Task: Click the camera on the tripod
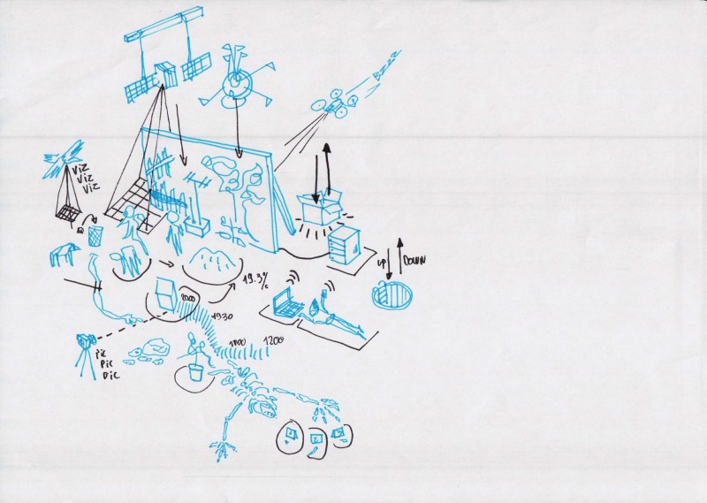86,341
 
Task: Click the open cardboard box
320,209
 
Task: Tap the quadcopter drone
334,104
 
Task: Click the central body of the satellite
165,77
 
